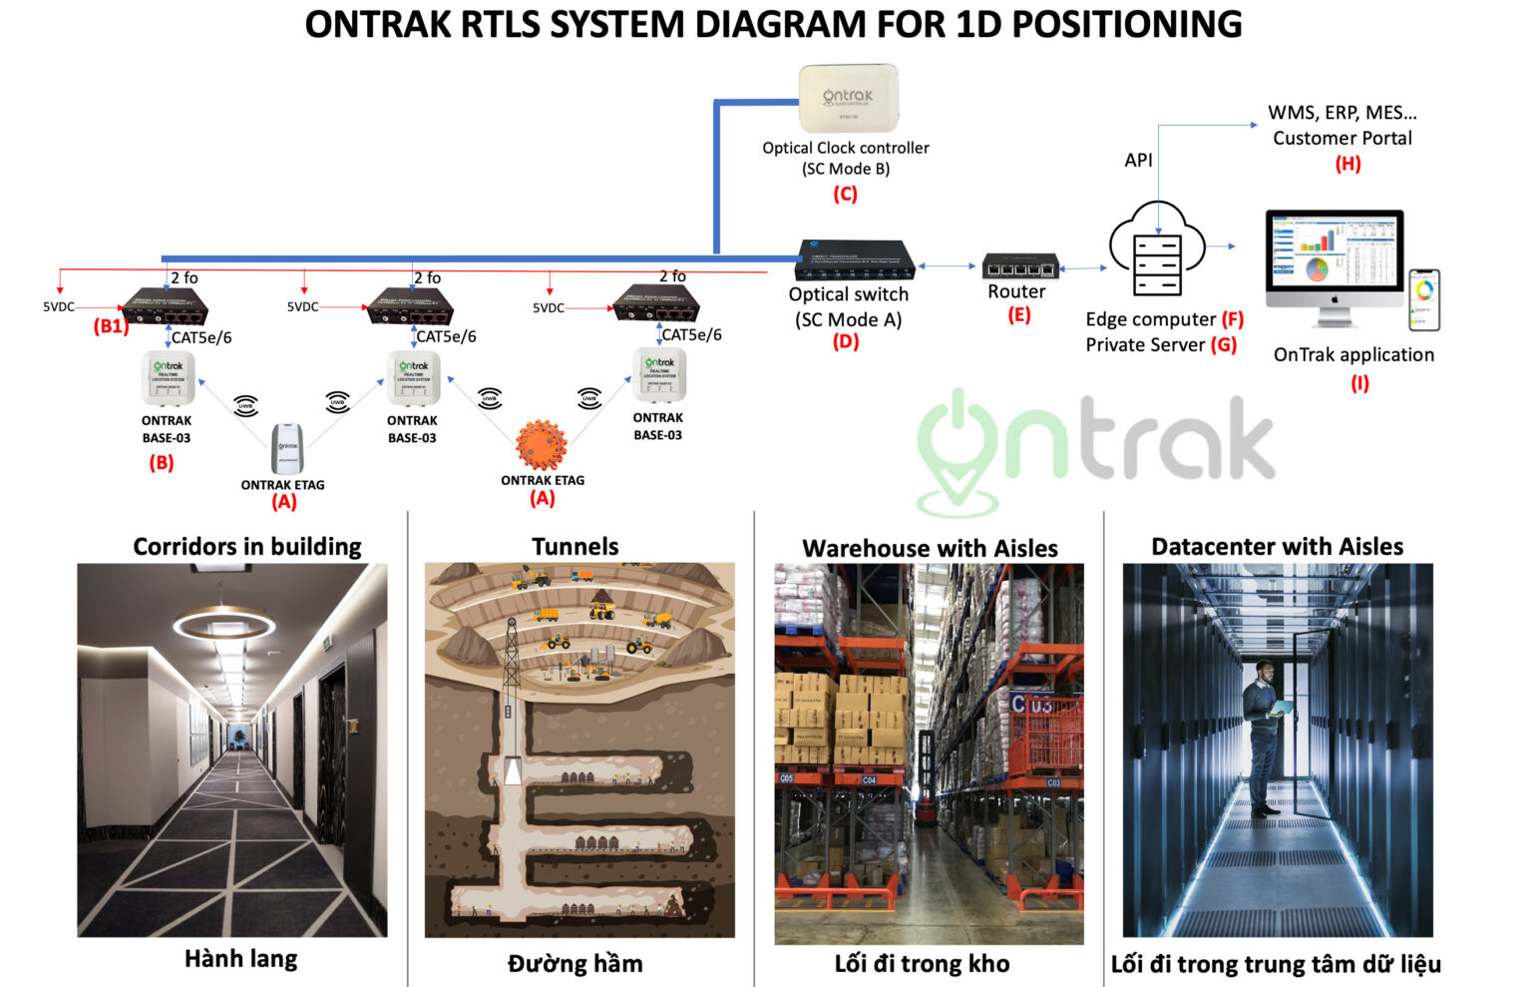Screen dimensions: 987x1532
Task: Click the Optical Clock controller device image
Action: (848, 98)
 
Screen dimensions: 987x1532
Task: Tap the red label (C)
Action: (845, 194)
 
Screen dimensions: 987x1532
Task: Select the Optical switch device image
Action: (855, 259)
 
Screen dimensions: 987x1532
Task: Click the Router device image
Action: (1019, 266)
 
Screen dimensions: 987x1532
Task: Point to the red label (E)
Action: (1018, 315)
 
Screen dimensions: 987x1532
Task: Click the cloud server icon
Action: (1157, 249)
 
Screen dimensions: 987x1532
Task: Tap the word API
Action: (1138, 160)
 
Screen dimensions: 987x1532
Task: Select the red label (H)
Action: (1347, 164)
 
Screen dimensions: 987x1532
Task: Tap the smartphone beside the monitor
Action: (1424, 299)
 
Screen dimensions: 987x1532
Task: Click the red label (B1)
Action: (111, 326)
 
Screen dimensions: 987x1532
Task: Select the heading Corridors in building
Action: (247, 547)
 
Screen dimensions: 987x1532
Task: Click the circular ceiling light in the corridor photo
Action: (223, 625)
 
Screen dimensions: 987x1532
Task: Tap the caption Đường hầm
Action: (575, 963)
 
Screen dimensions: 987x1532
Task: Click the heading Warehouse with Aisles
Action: (930, 548)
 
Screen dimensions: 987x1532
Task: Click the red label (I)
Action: (1359, 383)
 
